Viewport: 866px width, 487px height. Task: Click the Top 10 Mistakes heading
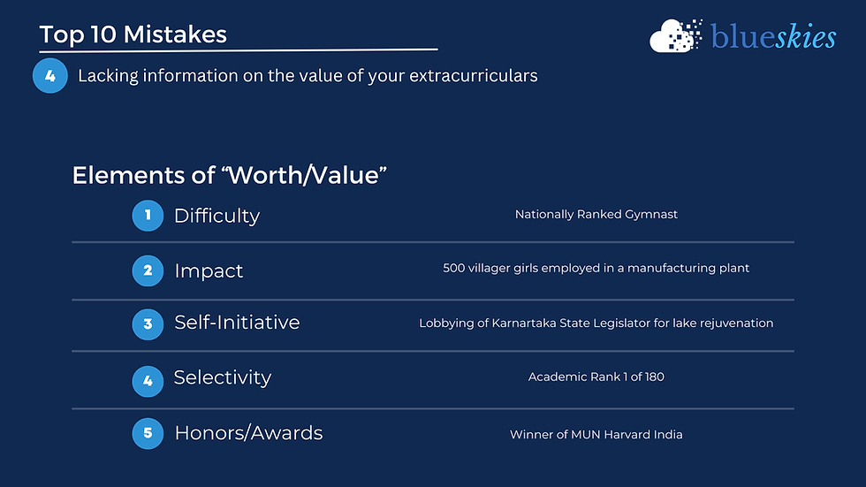coord(133,34)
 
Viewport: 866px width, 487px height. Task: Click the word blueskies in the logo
coord(773,37)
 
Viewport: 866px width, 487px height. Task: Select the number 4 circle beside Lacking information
coord(49,76)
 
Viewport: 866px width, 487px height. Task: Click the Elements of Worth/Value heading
coord(230,174)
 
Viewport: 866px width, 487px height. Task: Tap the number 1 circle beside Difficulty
coord(148,215)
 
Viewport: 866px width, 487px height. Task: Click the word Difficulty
coord(216,216)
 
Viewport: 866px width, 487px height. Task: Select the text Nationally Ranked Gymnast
coord(596,215)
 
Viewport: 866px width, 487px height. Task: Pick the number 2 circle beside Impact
coord(148,270)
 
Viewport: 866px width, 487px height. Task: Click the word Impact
coord(209,270)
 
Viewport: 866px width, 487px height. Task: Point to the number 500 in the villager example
coord(454,268)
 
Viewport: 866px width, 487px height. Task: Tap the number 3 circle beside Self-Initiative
coord(148,323)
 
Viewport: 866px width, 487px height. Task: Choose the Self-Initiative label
coord(237,323)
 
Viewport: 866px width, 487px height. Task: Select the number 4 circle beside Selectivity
coord(148,379)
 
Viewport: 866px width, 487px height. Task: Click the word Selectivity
coord(223,378)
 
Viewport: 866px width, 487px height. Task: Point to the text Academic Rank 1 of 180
coord(596,377)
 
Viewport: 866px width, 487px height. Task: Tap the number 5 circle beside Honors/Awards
coord(148,433)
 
